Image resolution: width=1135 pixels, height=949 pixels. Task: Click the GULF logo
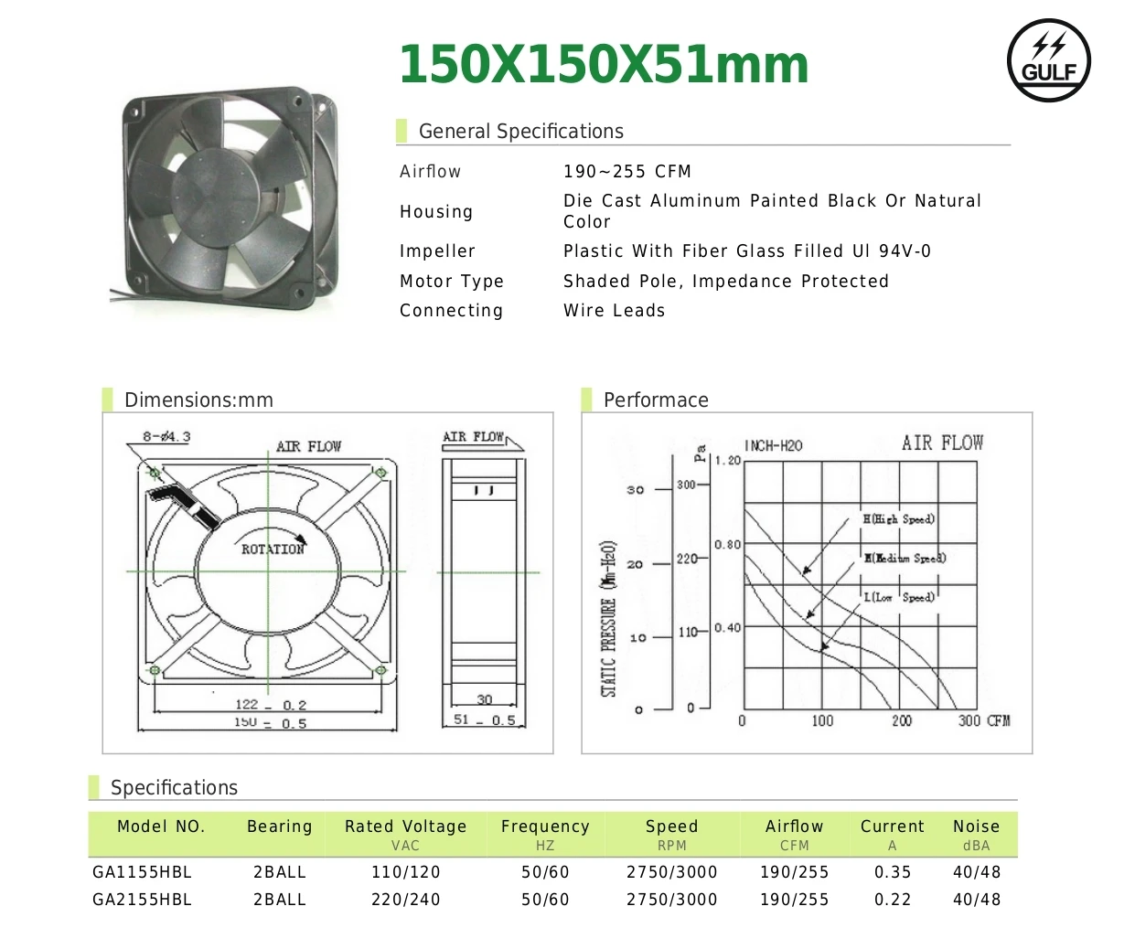[1048, 60]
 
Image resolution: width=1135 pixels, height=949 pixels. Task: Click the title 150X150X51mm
[604, 65]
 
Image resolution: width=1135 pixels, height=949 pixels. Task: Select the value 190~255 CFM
[626, 172]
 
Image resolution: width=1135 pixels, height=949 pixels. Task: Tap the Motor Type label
[451, 282]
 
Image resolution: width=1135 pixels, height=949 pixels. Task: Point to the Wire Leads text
[614, 311]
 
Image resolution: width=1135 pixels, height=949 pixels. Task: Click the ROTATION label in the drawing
[272, 549]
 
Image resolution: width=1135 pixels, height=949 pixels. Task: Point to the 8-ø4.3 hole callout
[166, 437]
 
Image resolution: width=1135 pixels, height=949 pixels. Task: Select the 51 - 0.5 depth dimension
[484, 720]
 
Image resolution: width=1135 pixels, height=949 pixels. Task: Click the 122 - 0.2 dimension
[270, 705]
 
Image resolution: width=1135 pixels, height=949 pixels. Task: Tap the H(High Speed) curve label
[898, 519]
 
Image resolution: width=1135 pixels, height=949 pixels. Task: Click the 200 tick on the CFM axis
[902, 721]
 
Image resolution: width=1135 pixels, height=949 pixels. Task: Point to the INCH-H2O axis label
[773, 446]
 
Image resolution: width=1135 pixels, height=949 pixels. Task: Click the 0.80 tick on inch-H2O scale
[727, 545]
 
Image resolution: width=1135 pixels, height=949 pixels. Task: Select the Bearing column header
[279, 826]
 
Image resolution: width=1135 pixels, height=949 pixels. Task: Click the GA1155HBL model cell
[142, 872]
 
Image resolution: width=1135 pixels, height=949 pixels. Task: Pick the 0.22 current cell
[892, 900]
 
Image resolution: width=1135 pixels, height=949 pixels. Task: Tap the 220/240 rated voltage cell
[405, 900]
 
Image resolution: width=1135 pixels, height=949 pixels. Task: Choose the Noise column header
[976, 826]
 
